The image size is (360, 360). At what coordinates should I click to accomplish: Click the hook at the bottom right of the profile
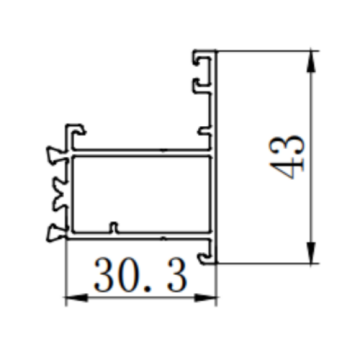pyautogui.click(x=208, y=258)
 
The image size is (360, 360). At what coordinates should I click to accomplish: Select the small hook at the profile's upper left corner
pyautogui.click(x=74, y=130)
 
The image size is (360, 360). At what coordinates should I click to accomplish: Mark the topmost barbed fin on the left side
pyautogui.click(x=53, y=156)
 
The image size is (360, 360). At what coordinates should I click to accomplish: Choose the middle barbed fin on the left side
pyautogui.click(x=53, y=195)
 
